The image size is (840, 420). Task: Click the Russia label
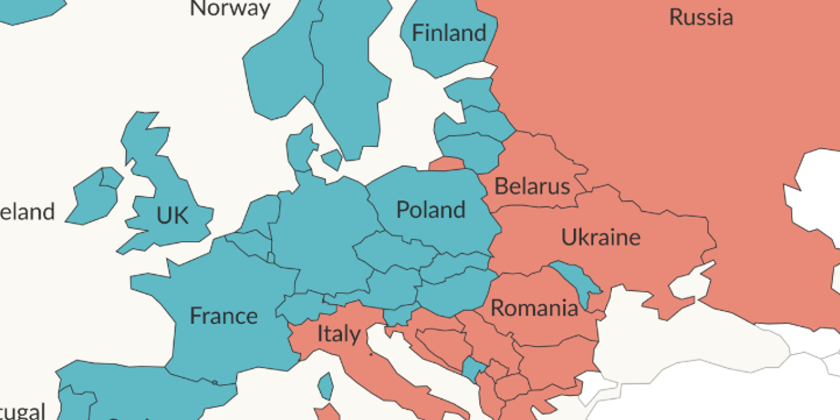click(700, 17)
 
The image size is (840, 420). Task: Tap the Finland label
click(449, 33)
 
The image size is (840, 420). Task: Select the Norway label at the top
click(230, 8)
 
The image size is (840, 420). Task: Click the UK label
click(172, 215)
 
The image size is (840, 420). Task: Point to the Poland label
click(430, 210)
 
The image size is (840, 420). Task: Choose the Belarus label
click(532, 186)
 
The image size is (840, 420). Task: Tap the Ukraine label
click(600, 237)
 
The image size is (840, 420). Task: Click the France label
click(223, 316)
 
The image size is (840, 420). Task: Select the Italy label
click(338, 334)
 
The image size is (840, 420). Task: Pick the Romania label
click(534, 308)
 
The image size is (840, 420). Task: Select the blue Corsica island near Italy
click(325, 386)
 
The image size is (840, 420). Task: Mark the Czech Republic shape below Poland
click(391, 251)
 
